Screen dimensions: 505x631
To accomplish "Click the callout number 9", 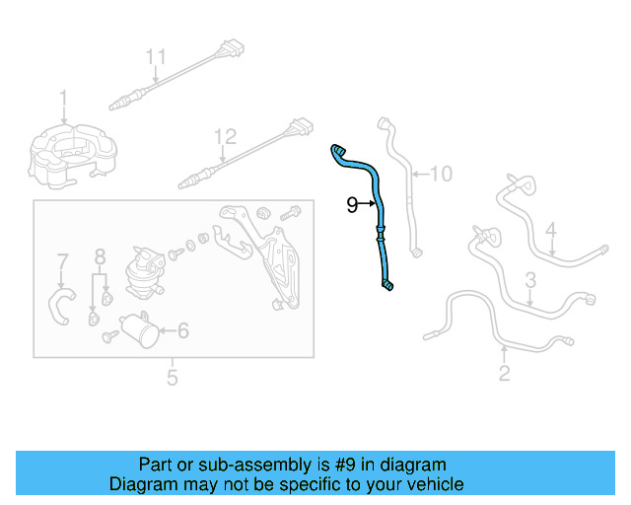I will click(x=352, y=205).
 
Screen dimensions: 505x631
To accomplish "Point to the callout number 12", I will click(x=226, y=137).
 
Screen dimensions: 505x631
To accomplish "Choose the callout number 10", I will click(x=440, y=175).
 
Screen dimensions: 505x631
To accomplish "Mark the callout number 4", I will click(x=551, y=232).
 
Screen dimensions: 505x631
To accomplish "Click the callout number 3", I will click(x=529, y=279).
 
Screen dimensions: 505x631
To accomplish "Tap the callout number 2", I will click(x=504, y=373).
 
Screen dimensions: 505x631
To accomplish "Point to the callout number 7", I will click(x=62, y=263).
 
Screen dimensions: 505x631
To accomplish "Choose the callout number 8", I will click(x=100, y=259).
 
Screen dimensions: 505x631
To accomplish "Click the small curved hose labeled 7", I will click(x=60, y=305).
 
